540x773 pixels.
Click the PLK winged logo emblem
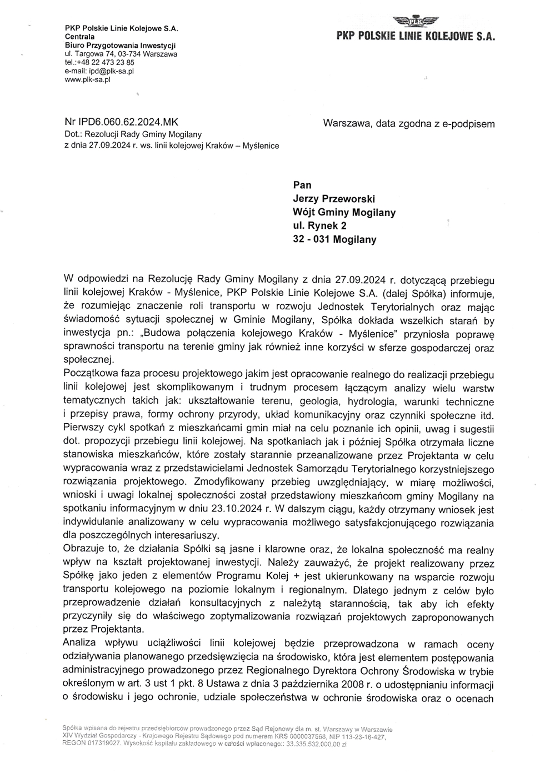(x=416, y=22)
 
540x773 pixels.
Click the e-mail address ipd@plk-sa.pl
(x=111, y=71)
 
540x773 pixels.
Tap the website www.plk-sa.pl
(x=88, y=79)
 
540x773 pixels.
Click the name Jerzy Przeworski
(x=334, y=199)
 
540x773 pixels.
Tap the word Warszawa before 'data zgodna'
(x=347, y=124)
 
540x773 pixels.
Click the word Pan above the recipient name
(x=302, y=185)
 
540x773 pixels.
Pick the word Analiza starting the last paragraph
(x=79, y=644)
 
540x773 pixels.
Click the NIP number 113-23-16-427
(x=363, y=737)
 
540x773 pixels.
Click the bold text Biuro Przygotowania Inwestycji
(x=121, y=46)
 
